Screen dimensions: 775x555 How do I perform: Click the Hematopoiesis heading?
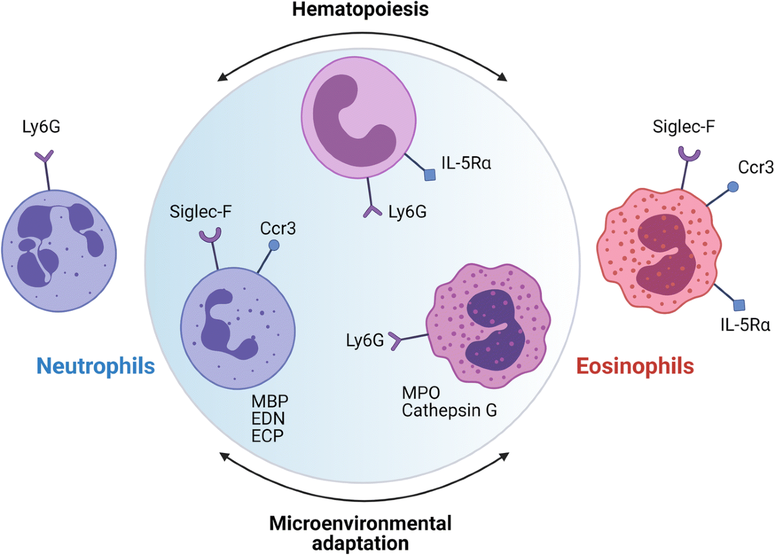(x=360, y=10)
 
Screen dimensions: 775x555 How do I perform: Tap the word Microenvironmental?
(x=360, y=523)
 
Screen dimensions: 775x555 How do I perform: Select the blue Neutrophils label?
(x=96, y=366)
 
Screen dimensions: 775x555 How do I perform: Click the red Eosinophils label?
(x=635, y=366)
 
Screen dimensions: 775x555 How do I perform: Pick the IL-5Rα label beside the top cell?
(x=466, y=163)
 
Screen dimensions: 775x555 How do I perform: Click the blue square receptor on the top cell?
(x=429, y=175)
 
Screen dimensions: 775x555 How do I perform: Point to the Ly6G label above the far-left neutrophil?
(x=41, y=127)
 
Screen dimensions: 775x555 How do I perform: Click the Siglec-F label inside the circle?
(x=201, y=212)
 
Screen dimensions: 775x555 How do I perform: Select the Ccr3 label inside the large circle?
(x=278, y=229)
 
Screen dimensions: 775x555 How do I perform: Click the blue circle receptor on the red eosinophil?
(x=732, y=187)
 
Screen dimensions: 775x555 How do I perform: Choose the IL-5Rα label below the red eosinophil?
(x=745, y=325)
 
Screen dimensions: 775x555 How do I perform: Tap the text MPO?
(x=420, y=393)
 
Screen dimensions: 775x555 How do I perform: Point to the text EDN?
(x=268, y=419)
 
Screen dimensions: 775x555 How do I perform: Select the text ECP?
(x=267, y=436)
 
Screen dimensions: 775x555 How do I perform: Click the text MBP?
(x=270, y=402)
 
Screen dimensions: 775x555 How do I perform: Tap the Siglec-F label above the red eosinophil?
(x=684, y=127)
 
